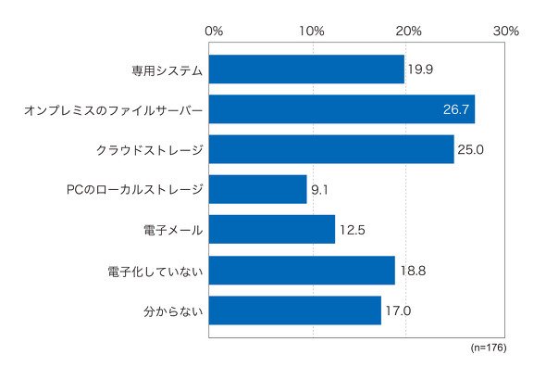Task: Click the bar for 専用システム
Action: click(306, 69)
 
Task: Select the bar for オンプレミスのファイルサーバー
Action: click(342, 109)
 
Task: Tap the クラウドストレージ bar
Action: click(331, 149)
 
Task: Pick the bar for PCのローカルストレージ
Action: click(257, 189)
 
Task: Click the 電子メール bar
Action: click(272, 230)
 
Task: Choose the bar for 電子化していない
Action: click(302, 271)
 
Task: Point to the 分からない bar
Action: click(295, 310)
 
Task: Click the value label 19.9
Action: click(420, 70)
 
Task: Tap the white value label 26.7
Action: click(456, 109)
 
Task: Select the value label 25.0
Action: click(470, 149)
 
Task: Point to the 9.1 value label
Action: click(319, 190)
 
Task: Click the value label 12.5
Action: click(353, 230)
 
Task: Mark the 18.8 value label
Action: click(413, 271)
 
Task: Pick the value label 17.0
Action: click(398, 310)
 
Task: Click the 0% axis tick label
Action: click(214, 31)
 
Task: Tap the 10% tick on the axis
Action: click(312, 31)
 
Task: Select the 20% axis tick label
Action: click(408, 31)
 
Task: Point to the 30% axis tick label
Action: click(506, 31)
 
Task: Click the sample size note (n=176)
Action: click(489, 348)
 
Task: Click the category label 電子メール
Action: click(173, 230)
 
